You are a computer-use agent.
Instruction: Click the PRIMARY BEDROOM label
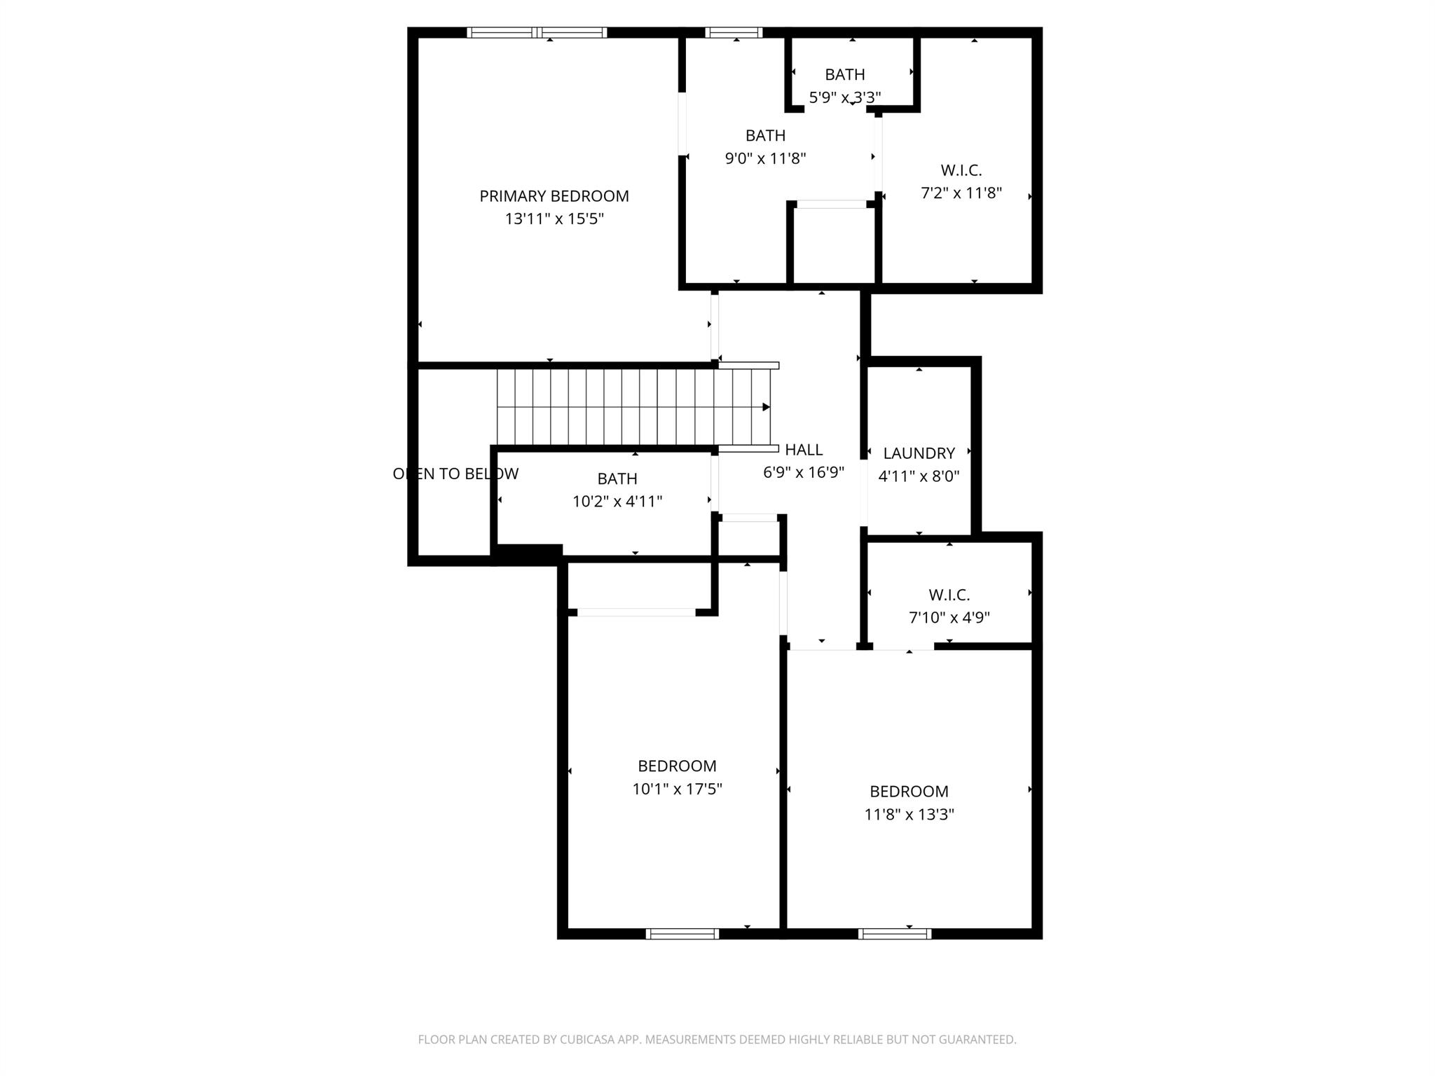(x=554, y=196)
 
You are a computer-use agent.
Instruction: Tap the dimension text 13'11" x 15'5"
(x=554, y=219)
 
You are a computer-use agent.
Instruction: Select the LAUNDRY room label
(x=919, y=453)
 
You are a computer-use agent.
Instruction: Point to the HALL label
(x=804, y=450)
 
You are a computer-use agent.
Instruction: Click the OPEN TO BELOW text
(x=455, y=474)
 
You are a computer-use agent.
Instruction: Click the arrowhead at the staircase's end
(x=766, y=407)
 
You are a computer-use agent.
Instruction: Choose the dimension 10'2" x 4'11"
(x=617, y=502)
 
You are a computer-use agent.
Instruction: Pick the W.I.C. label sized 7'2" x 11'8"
(x=961, y=170)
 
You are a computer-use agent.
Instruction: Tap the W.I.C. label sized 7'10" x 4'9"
(x=949, y=595)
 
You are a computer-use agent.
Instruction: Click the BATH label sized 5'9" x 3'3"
(x=844, y=74)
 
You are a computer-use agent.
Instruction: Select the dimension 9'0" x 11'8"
(x=765, y=158)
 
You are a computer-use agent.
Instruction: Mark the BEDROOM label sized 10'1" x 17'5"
(x=677, y=766)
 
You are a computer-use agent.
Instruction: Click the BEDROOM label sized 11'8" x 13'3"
(x=909, y=792)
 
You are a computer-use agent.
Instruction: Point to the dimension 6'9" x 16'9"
(x=804, y=473)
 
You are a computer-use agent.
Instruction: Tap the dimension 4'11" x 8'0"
(x=919, y=476)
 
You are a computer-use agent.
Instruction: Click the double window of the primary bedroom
(x=537, y=32)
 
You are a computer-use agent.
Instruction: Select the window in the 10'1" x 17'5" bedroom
(x=682, y=933)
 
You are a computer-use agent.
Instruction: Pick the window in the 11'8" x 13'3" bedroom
(x=894, y=933)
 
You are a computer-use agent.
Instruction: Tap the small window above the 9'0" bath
(x=734, y=32)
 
